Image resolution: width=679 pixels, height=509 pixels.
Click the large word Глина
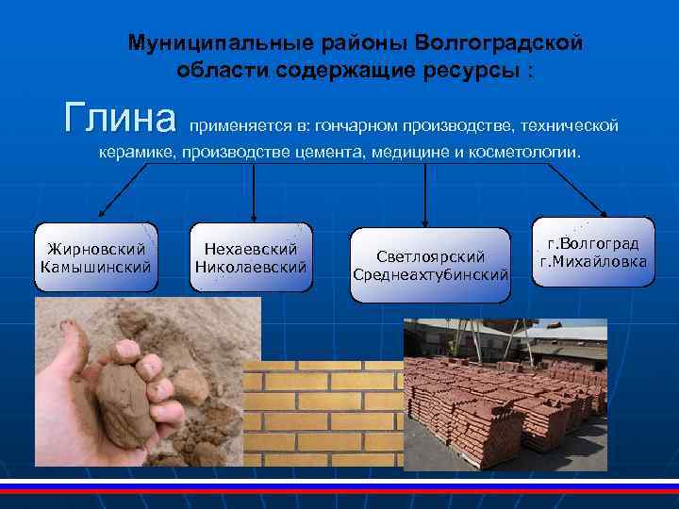click(120, 121)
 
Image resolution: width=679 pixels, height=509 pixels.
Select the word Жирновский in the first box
click(96, 250)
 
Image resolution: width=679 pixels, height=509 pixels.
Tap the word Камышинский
click(96, 268)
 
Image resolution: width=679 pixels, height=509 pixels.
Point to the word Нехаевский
click(251, 249)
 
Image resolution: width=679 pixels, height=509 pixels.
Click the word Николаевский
click(251, 267)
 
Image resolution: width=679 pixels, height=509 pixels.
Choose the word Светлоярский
click(430, 256)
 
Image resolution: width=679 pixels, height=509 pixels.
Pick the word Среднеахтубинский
click(430, 274)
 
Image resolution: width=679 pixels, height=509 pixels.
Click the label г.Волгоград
click(592, 243)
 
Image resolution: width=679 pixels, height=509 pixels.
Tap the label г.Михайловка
click(592, 261)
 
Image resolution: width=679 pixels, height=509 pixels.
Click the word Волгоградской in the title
click(499, 43)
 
